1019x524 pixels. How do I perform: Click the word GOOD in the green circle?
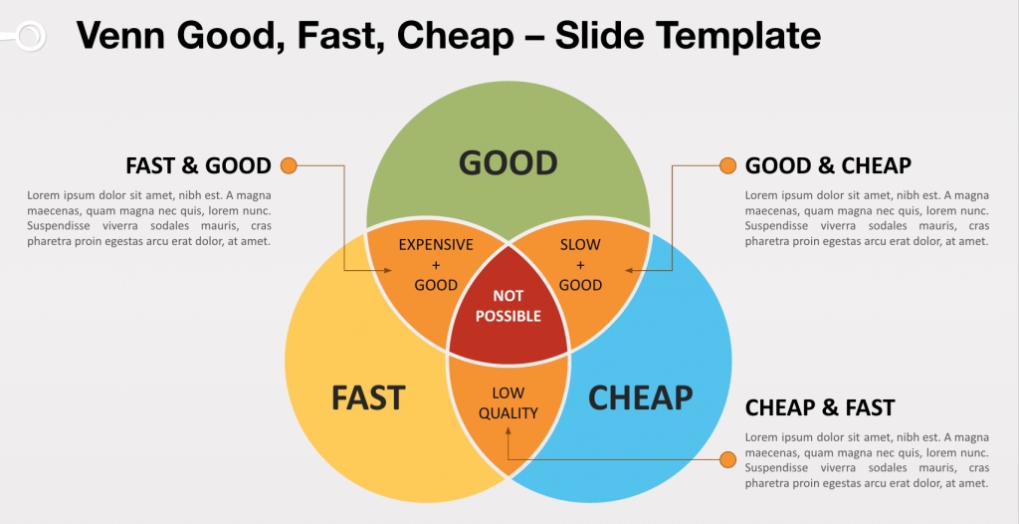pyautogui.click(x=509, y=162)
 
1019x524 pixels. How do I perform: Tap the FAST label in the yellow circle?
pyautogui.click(x=368, y=397)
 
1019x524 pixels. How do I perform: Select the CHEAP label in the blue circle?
pyautogui.click(x=640, y=397)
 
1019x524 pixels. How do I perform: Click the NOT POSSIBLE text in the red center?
pyautogui.click(x=508, y=307)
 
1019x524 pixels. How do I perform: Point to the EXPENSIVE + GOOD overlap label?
pyautogui.click(x=436, y=265)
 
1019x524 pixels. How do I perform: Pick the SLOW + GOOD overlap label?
pyautogui.click(x=580, y=265)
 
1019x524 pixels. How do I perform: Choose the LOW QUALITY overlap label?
pyautogui.click(x=508, y=402)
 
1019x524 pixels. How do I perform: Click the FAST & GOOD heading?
pyautogui.click(x=198, y=166)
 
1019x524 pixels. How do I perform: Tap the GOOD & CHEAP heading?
pyautogui.click(x=828, y=166)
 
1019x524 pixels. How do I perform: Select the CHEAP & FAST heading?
pyautogui.click(x=820, y=408)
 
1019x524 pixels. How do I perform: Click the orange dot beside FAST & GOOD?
pyautogui.click(x=289, y=166)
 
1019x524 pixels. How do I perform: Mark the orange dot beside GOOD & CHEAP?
pyautogui.click(x=727, y=166)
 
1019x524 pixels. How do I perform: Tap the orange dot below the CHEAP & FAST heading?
pyautogui.click(x=727, y=459)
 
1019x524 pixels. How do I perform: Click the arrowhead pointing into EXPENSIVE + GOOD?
pyautogui.click(x=388, y=270)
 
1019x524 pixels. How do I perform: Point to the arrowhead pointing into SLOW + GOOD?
pyautogui.click(x=629, y=270)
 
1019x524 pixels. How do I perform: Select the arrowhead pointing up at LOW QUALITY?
pyautogui.click(x=508, y=430)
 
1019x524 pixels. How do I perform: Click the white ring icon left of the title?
pyautogui.click(x=30, y=37)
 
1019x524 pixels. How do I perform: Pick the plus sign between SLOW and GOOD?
pyautogui.click(x=580, y=265)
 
